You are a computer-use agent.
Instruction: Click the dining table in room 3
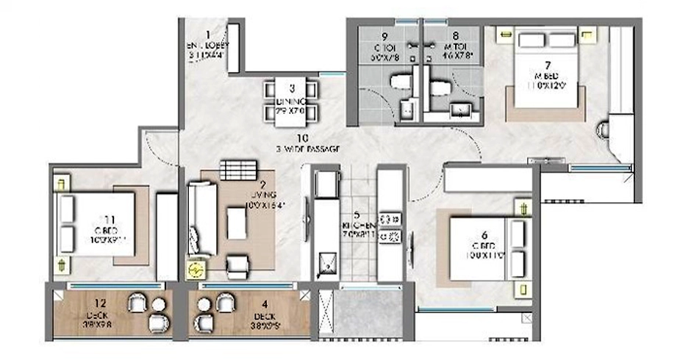[x=292, y=101]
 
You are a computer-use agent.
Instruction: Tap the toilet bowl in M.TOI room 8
[x=440, y=87]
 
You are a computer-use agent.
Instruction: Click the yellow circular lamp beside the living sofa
[x=196, y=271]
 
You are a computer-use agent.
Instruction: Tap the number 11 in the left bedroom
[x=110, y=219]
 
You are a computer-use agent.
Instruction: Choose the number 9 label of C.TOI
[x=384, y=35]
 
